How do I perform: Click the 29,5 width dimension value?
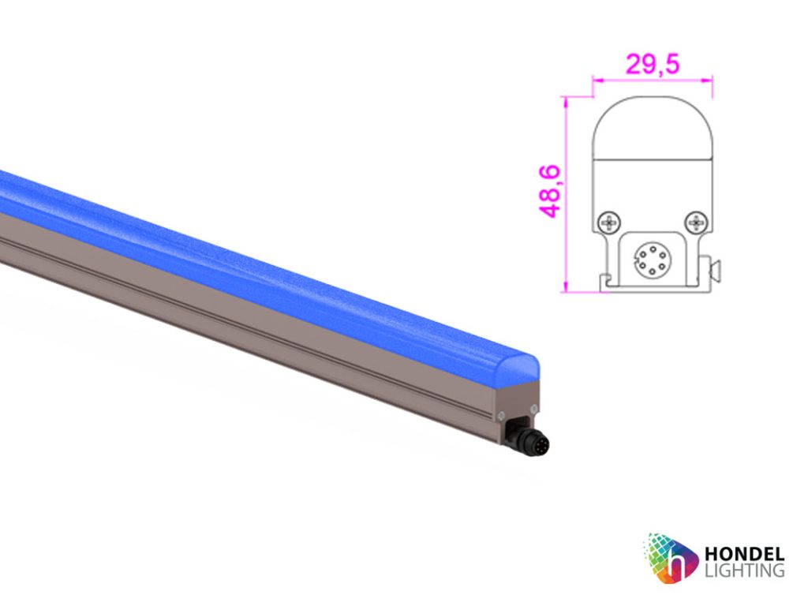click(x=653, y=64)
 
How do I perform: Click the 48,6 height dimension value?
click(x=550, y=191)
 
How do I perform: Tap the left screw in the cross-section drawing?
click(x=608, y=223)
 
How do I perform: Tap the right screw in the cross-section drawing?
click(x=695, y=223)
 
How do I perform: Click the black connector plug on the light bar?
click(x=532, y=440)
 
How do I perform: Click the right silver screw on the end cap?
click(x=534, y=408)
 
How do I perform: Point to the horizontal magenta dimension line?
click(x=653, y=79)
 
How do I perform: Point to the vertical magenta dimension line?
click(x=566, y=193)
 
